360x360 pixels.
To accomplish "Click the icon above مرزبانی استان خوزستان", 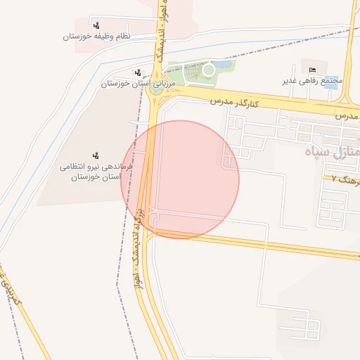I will [137, 71].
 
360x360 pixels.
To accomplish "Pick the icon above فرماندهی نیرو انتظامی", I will [95, 155].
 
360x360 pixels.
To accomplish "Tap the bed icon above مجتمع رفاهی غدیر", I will [313, 68].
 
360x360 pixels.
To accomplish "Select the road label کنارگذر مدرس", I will [235, 102].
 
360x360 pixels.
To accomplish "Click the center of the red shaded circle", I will [181, 179].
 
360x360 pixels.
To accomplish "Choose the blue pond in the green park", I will [224, 65].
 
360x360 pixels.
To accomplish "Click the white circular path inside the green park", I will [208, 70].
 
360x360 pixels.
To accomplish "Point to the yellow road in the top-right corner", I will [350, 42].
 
